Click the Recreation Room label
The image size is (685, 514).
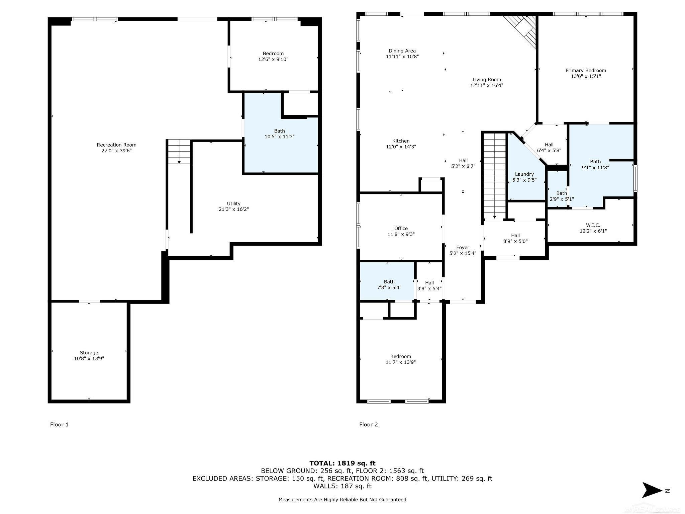[x=117, y=145]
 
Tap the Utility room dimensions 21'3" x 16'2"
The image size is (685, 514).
[x=233, y=209]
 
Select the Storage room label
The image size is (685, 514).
[x=89, y=353]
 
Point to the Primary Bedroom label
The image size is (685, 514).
[x=586, y=71]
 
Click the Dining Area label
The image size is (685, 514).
[x=402, y=51]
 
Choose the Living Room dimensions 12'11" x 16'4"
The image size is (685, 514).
[x=487, y=85]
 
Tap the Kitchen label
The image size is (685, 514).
[x=401, y=141]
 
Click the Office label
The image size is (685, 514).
[x=401, y=229]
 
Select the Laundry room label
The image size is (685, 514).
[x=524, y=174]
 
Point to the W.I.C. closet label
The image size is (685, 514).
[x=593, y=225]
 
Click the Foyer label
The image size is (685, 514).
[x=463, y=248]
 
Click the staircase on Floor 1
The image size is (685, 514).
[x=179, y=152]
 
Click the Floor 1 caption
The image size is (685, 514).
[x=59, y=425]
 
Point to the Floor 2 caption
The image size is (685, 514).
[x=368, y=425]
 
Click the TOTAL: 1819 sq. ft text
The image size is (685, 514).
[x=342, y=463]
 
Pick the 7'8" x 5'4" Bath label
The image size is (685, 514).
[x=389, y=285]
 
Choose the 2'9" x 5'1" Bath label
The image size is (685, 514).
[x=562, y=196]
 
